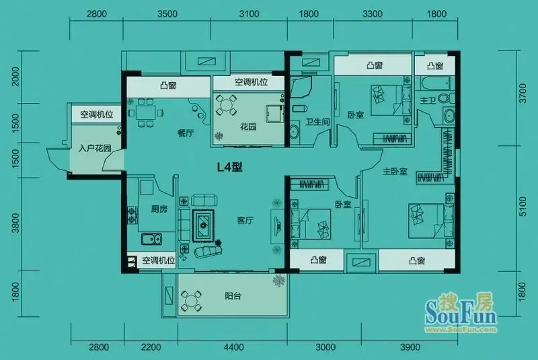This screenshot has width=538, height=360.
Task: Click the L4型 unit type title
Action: (x=230, y=167)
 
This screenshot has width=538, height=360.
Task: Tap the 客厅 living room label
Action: (x=245, y=220)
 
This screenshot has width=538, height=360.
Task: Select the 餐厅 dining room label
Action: (x=186, y=133)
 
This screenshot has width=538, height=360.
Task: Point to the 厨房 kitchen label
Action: (x=159, y=209)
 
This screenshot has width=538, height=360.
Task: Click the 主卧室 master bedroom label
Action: (x=395, y=171)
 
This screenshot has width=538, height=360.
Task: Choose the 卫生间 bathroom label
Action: (x=317, y=122)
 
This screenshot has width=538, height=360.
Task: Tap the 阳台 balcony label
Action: (x=233, y=295)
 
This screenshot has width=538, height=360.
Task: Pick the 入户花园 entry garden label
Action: (x=95, y=148)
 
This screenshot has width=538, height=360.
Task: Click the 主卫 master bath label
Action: (x=428, y=100)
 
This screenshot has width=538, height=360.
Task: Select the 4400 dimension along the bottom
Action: (x=233, y=347)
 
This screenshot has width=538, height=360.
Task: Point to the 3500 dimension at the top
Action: (x=167, y=13)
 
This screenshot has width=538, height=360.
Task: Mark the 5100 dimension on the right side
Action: (x=523, y=207)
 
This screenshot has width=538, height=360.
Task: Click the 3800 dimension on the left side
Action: (x=15, y=223)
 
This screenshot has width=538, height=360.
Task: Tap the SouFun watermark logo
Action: (x=461, y=312)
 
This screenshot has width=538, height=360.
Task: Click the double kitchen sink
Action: (x=151, y=238)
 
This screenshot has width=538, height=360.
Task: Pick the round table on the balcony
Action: (x=191, y=301)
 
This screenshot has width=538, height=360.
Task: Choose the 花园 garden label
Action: (x=248, y=127)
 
